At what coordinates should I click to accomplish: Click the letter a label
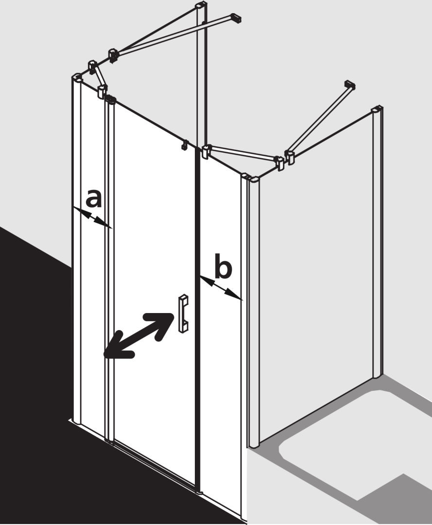click(x=93, y=198)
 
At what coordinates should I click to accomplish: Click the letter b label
click(x=223, y=266)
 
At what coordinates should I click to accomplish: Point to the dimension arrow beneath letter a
click(x=92, y=218)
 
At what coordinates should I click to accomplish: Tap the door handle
click(x=184, y=314)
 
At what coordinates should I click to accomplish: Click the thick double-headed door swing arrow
click(x=138, y=335)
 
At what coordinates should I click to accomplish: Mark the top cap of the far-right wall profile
click(x=377, y=110)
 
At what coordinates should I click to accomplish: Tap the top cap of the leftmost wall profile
click(x=77, y=77)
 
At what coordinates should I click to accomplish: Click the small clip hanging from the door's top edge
click(x=184, y=146)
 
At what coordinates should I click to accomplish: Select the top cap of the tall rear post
click(x=202, y=6)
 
